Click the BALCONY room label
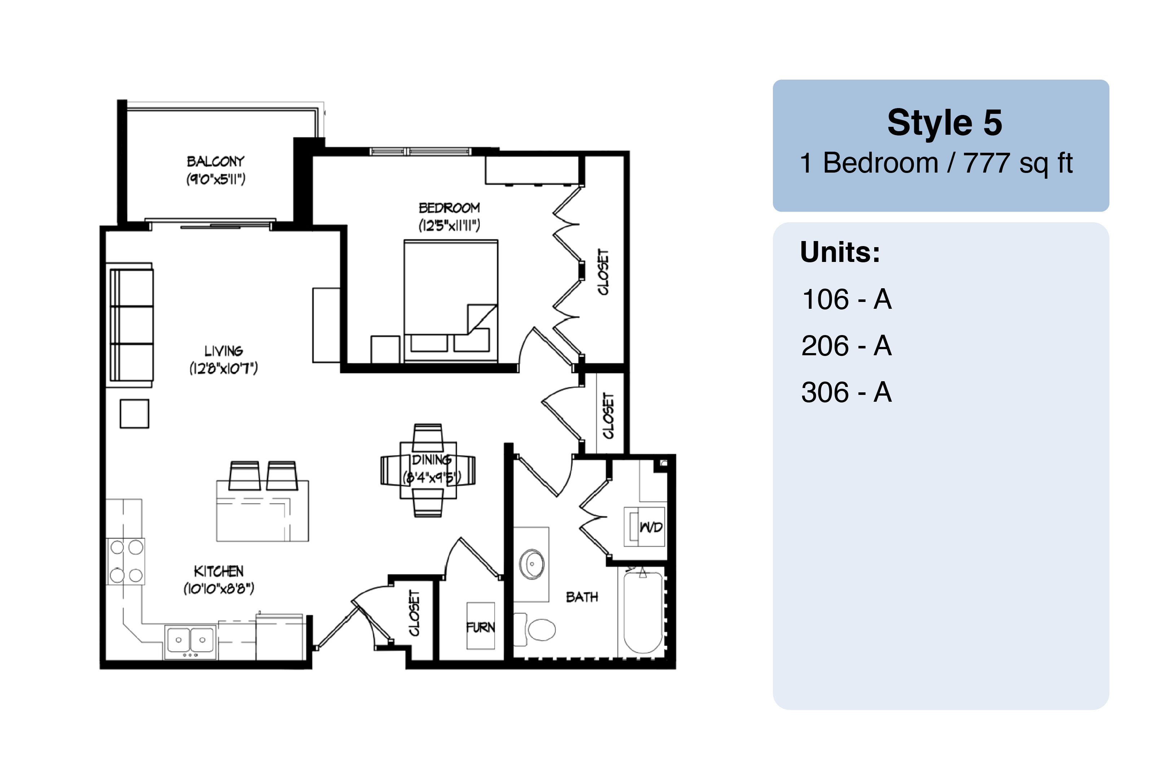(x=216, y=161)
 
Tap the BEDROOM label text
(x=449, y=208)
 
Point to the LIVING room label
(x=223, y=351)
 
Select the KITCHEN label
(x=219, y=571)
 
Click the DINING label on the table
(x=431, y=459)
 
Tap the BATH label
(x=582, y=597)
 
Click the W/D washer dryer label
(x=651, y=527)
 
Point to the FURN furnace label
(x=480, y=627)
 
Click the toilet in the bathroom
(x=535, y=629)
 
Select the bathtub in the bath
(x=643, y=612)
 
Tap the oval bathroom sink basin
(x=532, y=564)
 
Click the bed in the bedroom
(x=451, y=300)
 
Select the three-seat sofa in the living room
(x=132, y=325)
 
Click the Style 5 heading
(x=945, y=122)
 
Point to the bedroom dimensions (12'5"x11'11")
(x=449, y=226)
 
